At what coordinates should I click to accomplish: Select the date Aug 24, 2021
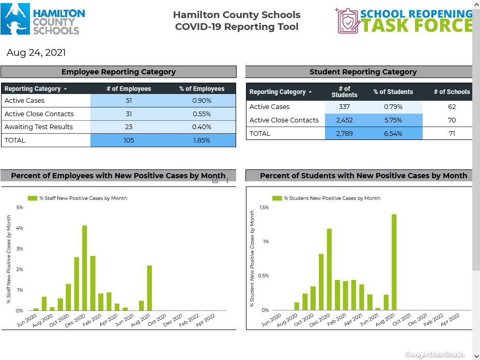click(x=36, y=53)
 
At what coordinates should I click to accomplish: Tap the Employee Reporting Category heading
click(x=118, y=72)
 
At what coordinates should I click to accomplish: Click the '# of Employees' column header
click(x=129, y=89)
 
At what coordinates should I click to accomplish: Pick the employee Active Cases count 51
click(x=129, y=101)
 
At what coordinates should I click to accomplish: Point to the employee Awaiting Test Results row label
click(x=39, y=127)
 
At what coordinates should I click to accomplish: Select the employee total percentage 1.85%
click(x=202, y=140)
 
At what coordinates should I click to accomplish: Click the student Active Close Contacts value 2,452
click(x=344, y=120)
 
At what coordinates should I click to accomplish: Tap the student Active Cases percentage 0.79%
click(x=393, y=107)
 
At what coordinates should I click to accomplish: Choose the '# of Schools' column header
click(x=452, y=92)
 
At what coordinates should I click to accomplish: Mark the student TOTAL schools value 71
click(x=452, y=133)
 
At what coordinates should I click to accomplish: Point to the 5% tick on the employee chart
click(x=20, y=208)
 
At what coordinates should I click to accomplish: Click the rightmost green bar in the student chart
click(x=394, y=262)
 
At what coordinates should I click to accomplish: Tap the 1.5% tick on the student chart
click(x=264, y=208)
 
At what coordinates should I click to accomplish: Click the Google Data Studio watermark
click(x=435, y=354)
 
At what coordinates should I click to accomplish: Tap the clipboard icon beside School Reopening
click(x=347, y=21)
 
